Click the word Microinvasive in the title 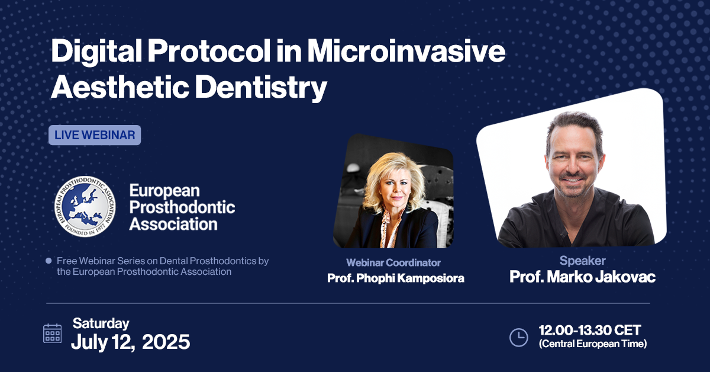point(406,52)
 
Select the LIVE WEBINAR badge point(95,135)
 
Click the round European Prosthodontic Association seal point(85,206)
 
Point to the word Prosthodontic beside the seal point(182,207)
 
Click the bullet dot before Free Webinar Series point(49,261)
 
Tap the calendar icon point(52,333)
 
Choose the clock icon point(518,338)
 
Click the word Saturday point(101,324)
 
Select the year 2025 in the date point(166,342)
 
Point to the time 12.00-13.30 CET point(590,330)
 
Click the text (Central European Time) point(593,344)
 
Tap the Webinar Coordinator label point(393,263)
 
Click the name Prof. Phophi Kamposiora point(396,278)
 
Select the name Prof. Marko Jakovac point(582,277)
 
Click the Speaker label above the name point(582,261)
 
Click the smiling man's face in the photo point(574,162)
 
